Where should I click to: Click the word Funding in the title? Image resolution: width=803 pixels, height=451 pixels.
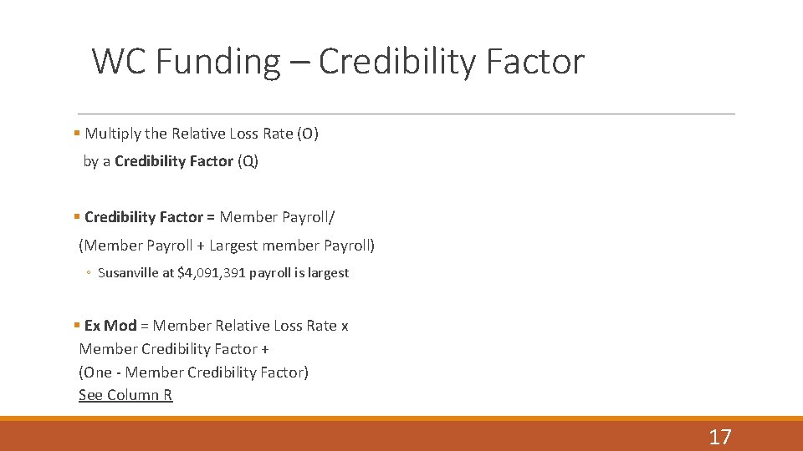(218, 61)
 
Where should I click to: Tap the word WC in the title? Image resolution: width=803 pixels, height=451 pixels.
(119, 61)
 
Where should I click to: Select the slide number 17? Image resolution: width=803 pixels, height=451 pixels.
(719, 436)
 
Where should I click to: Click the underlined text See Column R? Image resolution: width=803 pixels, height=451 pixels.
(125, 395)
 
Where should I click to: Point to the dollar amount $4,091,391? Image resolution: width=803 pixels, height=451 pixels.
(211, 273)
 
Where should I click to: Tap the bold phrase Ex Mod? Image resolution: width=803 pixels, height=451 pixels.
(110, 326)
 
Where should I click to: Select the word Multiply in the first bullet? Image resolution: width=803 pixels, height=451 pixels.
(114, 134)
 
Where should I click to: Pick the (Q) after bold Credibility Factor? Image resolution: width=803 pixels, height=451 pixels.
(248, 161)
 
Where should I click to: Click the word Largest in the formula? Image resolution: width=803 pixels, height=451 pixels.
(233, 246)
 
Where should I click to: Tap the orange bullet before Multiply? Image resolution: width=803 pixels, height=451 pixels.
(76, 134)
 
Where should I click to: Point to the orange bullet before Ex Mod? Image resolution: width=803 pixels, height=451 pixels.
(76, 326)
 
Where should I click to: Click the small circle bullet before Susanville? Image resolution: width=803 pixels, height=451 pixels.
(88, 273)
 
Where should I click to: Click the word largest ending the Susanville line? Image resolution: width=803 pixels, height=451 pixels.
(328, 273)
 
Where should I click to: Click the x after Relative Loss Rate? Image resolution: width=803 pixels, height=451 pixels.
(344, 327)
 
